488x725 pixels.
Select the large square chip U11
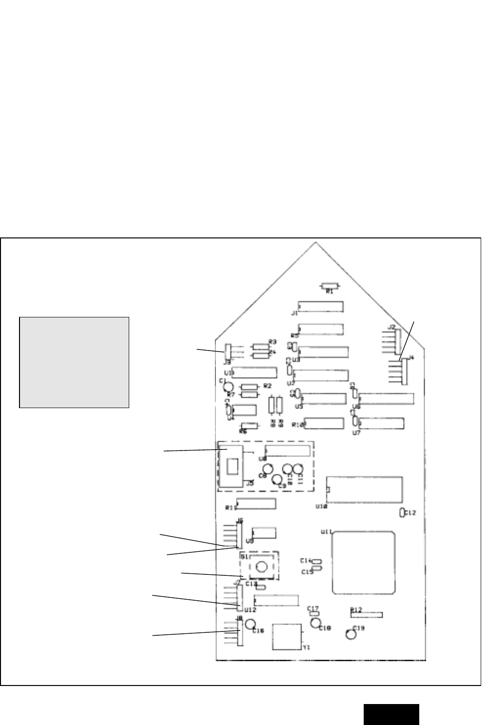click(x=363, y=563)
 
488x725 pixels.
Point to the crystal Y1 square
click(x=287, y=636)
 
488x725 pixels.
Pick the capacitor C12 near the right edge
click(x=402, y=512)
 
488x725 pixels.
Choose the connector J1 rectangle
click(x=321, y=307)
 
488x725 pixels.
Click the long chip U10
click(x=365, y=490)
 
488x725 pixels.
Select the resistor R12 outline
click(x=367, y=615)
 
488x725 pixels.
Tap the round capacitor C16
click(x=251, y=624)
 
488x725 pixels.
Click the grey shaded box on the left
click(x=74, y=362)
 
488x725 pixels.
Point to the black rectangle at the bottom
click(x=390, y=714)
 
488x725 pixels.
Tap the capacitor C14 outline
click(x=317, y=562)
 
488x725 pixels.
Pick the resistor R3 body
click(x=261, y=347)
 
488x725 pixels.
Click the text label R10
click(x=298, y=425)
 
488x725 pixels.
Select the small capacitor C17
click(x=314, y=613)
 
